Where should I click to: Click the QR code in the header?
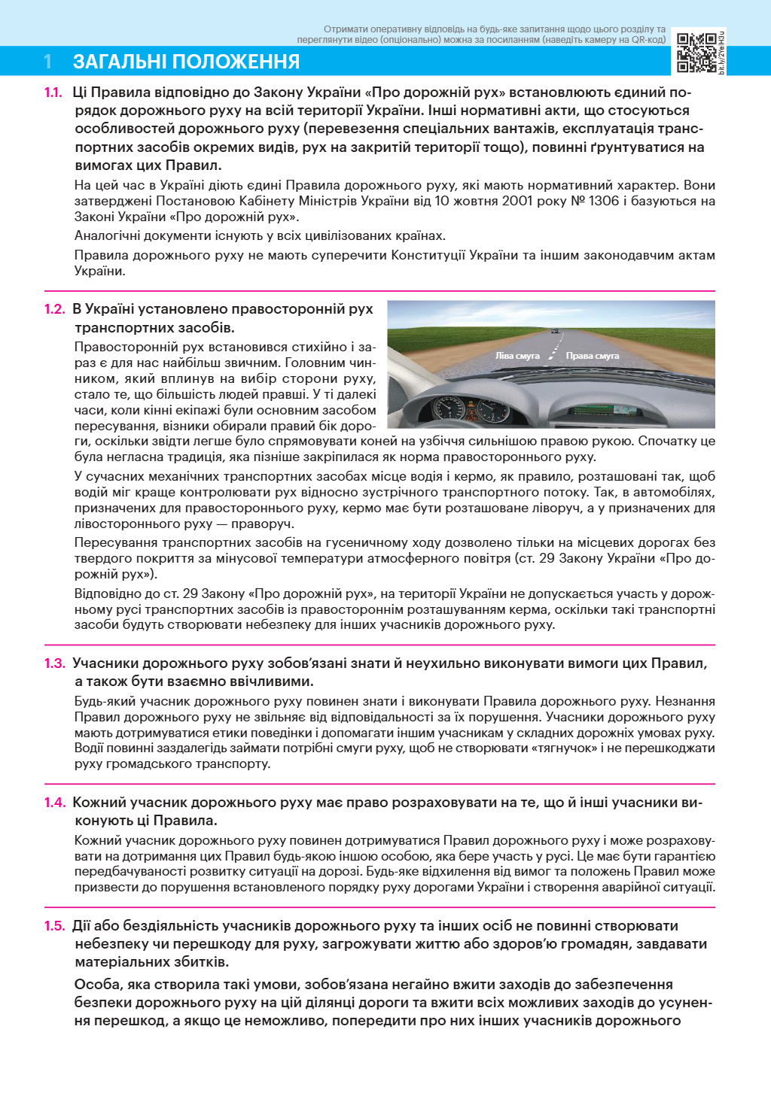(x=696, y=53)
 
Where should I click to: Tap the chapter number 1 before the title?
(x=49, y=62)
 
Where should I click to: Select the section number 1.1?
(x=53, y=93)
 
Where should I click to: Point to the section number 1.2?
(x=54, y=309)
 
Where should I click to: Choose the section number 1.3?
(x=54, y=663)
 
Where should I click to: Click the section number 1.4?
(x=54, y=803)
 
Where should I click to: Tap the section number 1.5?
(x=54, y=926)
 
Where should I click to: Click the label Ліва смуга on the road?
(x=517, y=356)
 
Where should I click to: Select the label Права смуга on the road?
(x=593, y=356)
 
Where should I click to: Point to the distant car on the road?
(x=555, y=331)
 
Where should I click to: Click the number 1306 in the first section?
(x=604, y=201)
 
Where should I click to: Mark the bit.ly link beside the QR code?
(x=721, y=53)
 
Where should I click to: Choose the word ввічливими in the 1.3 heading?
(x=270, y=682)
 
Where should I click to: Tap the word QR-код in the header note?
(x=648, y=40)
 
